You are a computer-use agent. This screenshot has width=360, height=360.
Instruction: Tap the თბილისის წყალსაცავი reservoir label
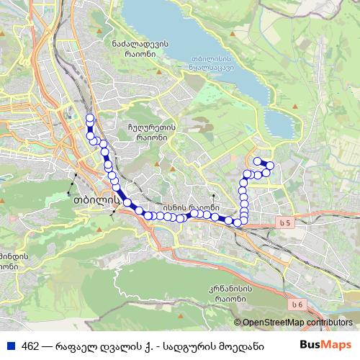click(209, 65)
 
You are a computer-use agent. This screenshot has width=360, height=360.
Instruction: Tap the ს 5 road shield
click(287, 224)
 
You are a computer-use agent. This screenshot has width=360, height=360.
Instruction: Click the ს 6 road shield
click(296, 305)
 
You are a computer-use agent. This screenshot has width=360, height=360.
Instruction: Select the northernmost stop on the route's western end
click(90, 118)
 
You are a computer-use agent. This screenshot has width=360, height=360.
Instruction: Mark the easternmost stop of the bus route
click(270, 166)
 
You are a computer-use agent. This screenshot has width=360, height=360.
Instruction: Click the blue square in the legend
click(10, 345)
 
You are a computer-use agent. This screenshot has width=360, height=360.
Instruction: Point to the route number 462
click(31, 345)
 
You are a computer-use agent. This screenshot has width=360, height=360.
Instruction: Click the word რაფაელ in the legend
click(76, 345)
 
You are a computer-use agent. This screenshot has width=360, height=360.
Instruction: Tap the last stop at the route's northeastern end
click(257, 160)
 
